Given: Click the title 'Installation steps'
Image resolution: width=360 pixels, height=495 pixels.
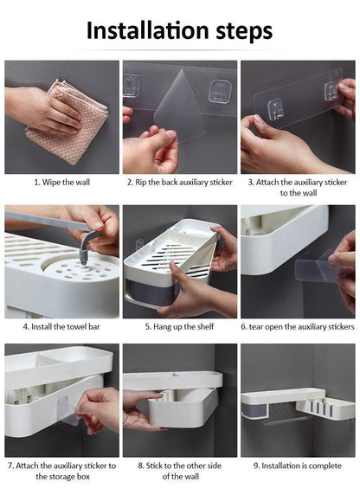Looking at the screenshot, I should [179, 31].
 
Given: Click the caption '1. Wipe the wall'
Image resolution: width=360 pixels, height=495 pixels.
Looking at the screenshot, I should [61, 183].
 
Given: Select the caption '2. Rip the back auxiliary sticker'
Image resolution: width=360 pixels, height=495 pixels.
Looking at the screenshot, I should [179, 183].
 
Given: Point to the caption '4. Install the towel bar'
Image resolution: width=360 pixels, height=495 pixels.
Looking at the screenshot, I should [61, 326].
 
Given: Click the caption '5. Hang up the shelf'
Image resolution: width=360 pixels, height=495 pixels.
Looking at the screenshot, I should [179, 326].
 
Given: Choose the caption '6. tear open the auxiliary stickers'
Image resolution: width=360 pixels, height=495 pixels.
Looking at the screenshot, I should [298, 326].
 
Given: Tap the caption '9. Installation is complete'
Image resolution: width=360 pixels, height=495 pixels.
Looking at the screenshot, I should [298, 465].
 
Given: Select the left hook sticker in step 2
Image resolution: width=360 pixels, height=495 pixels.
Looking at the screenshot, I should [132, 85].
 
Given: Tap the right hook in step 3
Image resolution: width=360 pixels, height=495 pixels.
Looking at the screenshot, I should [331, 92].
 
